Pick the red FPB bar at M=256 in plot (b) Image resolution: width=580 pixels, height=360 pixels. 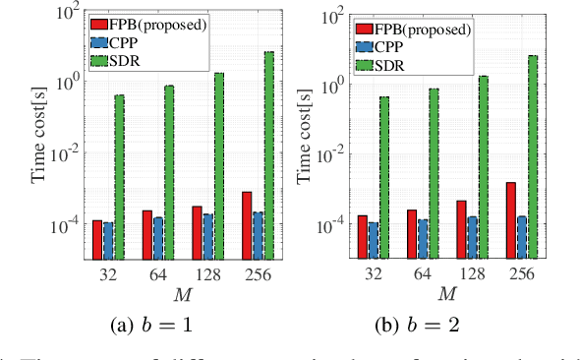510,220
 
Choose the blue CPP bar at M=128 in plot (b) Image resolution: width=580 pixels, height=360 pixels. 472,237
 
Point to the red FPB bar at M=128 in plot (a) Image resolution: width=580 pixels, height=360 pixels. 197,232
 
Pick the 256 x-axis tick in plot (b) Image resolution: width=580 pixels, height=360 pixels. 521,274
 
